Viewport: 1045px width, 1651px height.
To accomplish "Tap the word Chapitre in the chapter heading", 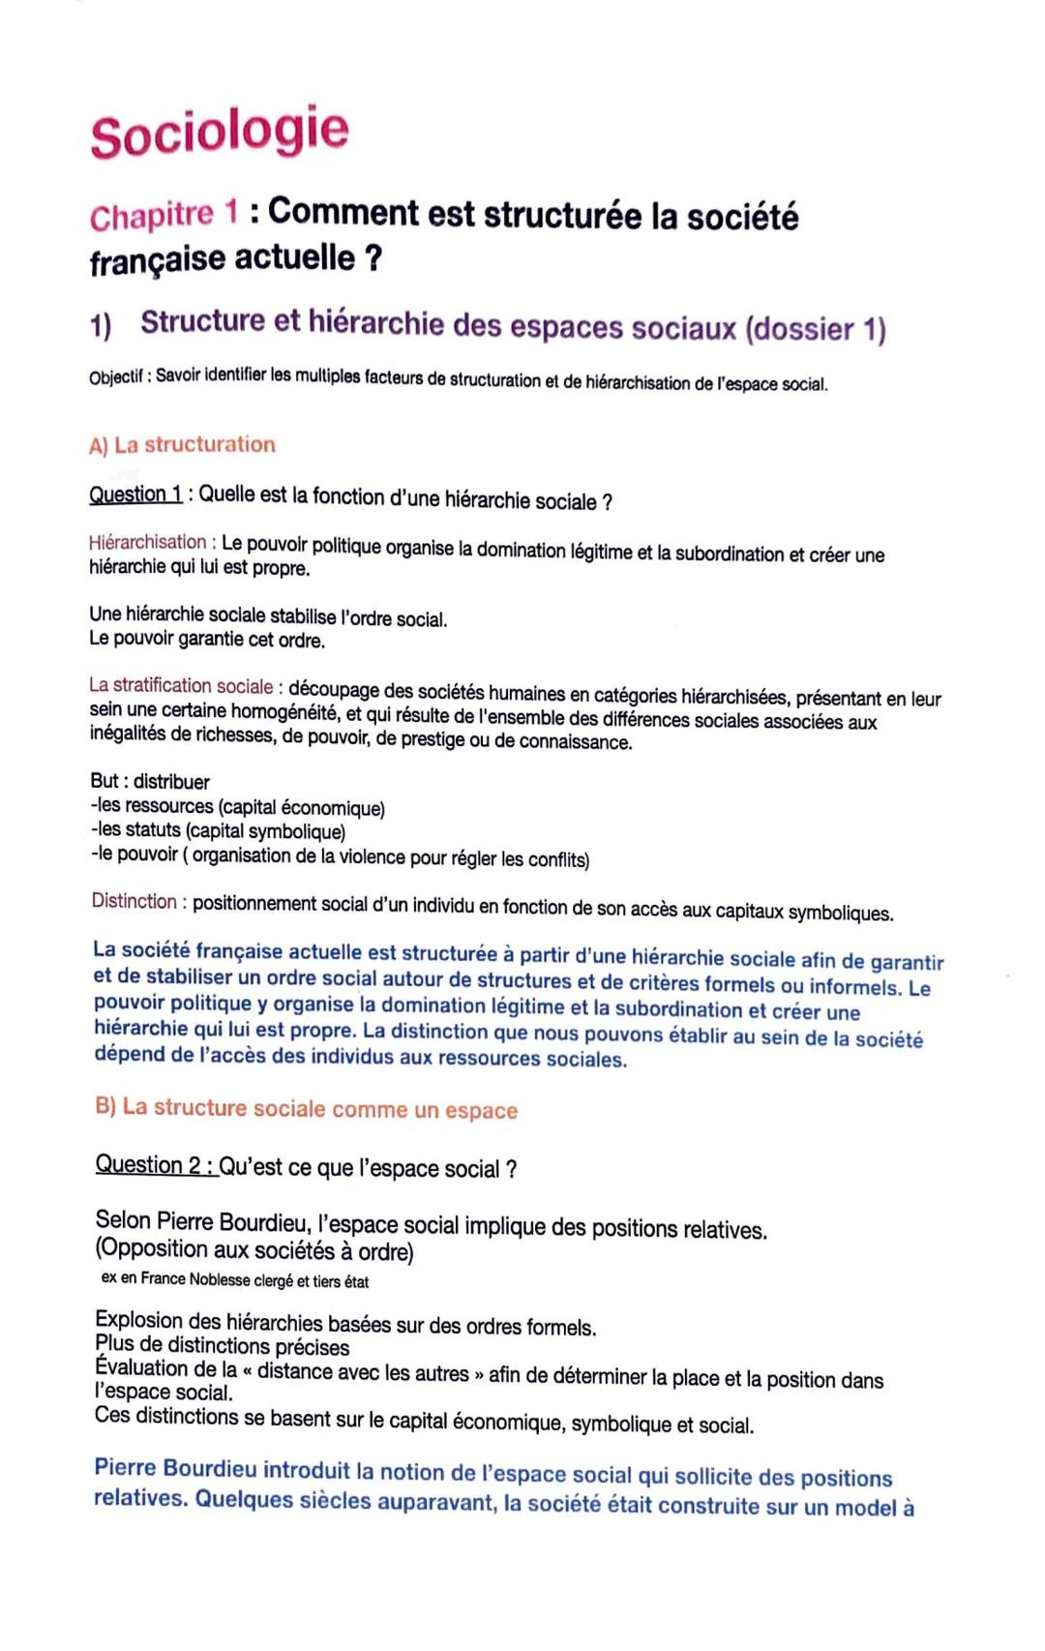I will pyautogui.click(x=151, y=216).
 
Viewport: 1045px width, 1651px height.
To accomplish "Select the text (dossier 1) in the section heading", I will pyautogui.click(x=815, y=329).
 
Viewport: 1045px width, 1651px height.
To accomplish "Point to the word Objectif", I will pyautogui.click(x=117, y=376).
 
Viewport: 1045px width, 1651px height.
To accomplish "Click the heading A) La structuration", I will pyautogui.click(x=182, y=445).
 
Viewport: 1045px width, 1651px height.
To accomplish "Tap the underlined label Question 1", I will pyautogui.click(x=135, y=495).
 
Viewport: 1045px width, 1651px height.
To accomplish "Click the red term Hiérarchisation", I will pyautogui.click(x=147, y=542).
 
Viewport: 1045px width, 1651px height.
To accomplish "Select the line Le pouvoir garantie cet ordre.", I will pyautogui.click(x=207, y=640).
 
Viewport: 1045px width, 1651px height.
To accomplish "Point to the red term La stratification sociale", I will pyautogui.click(x=181, y=686).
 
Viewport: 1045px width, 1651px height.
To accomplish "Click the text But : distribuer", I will pyautogui.click(x=149, y=781).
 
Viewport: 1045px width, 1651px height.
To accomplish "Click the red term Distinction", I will pyautogui.click(x=134, y=901).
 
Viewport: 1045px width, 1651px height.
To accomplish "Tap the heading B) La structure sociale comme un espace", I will pyautogui.click(x=306, y=1109).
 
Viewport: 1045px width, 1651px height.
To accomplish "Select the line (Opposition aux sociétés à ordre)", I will pyautogui.click(x=254, y=1250).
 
